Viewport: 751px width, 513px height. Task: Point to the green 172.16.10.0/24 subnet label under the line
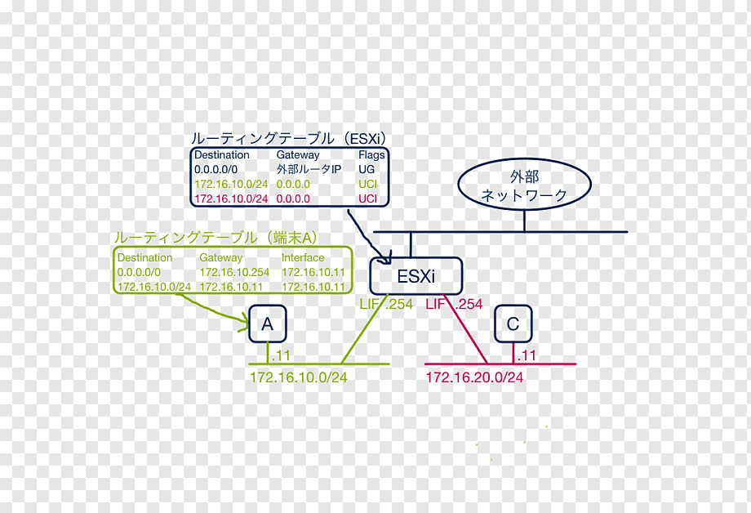298,377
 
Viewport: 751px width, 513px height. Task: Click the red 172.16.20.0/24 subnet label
474,377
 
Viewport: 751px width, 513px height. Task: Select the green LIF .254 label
386,304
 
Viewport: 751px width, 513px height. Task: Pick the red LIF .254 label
454,304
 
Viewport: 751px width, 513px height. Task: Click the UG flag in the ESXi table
367,169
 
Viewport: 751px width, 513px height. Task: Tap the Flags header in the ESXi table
371,155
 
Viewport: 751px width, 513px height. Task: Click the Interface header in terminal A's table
303,257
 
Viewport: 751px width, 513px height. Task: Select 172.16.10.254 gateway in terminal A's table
234,272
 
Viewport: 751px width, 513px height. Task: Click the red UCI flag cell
367,199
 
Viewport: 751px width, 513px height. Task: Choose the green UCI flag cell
367,184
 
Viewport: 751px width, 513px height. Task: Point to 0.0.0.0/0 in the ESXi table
216,169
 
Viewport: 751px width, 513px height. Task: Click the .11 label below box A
281,355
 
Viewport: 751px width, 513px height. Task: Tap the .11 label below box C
527,355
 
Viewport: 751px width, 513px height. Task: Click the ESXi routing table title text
288,139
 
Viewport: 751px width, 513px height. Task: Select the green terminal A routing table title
216,238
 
